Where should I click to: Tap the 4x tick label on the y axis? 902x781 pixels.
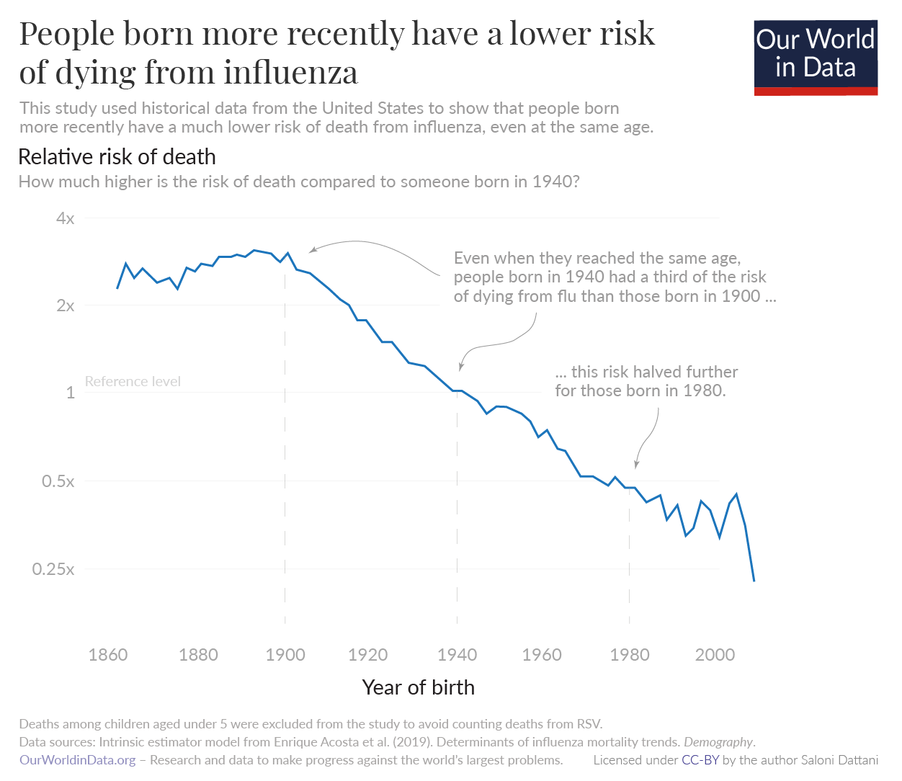coord(65,218)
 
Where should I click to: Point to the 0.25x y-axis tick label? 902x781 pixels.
coord(53,569)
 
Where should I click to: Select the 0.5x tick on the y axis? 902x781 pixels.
coord(58,481)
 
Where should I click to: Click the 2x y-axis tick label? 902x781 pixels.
coord(65,305)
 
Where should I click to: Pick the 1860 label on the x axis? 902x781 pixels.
coord(108,655)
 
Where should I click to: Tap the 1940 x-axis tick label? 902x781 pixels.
coord(457,655)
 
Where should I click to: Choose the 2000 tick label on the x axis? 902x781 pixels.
coord(715,655)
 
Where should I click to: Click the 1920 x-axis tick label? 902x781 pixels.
coord(367,655)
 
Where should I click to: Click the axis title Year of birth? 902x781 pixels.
coord(418,687)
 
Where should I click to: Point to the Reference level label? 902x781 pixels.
coord(133,381)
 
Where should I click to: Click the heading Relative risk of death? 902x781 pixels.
coord(117,156)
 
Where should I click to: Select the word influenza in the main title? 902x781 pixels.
coord(290,72)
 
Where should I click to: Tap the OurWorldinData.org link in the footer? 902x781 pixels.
coord(77,760)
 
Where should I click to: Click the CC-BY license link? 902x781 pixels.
coord(700,760)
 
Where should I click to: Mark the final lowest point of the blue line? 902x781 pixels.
coord(754,581)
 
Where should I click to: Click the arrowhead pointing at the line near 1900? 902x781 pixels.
coord(311,251)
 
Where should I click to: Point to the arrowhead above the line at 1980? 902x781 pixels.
coord(635,465)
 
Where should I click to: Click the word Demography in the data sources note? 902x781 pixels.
coord(718,742)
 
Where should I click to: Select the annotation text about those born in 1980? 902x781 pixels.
coord(646,381)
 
